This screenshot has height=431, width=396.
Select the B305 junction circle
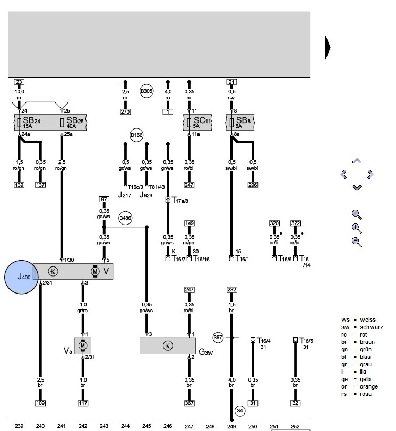147,91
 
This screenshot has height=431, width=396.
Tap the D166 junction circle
137,135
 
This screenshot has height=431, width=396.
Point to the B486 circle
125,218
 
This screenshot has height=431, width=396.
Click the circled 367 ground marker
218,337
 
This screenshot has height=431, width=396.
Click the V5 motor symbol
82,346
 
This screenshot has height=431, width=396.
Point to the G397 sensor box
168,346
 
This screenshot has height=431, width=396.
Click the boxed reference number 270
125,112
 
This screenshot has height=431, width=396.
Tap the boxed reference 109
40,403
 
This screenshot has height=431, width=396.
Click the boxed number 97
104,199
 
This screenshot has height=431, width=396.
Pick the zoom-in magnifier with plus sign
357,228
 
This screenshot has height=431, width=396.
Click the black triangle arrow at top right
328,48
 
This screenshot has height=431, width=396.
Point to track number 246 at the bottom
168,426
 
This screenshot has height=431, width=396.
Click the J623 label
145,195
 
